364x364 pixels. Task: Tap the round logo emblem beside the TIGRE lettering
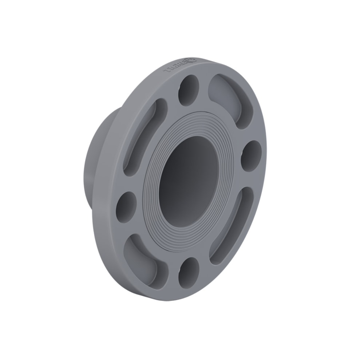click(191, 60)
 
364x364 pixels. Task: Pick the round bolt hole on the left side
click(126, 206)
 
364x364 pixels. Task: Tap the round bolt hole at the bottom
click(189, 272)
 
